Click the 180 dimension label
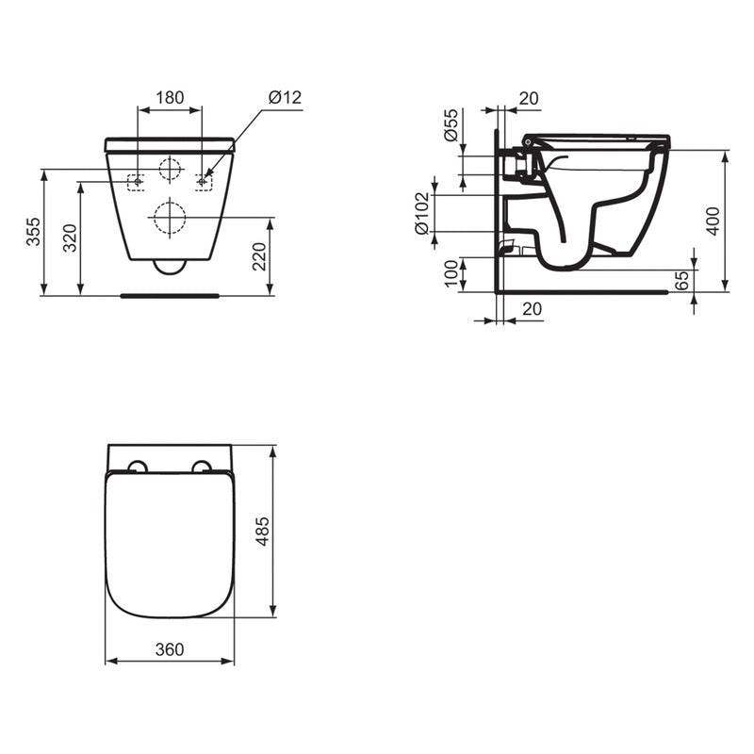[x=170, y=97]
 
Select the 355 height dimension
[x=33, y=232]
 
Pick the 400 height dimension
[x=713, y=221]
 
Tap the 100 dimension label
[x=451, y=274]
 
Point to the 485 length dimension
[x=263, y=533]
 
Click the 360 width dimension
[x=170, y=649]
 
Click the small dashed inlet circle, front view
[x=170, y=170]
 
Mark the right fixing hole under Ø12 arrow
[x=204, y=181]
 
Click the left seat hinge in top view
[x=137, y=467]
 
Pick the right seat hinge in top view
[x=202, y=467]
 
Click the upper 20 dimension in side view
[x=528, y=97]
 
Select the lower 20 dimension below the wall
[x=532, y=308]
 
